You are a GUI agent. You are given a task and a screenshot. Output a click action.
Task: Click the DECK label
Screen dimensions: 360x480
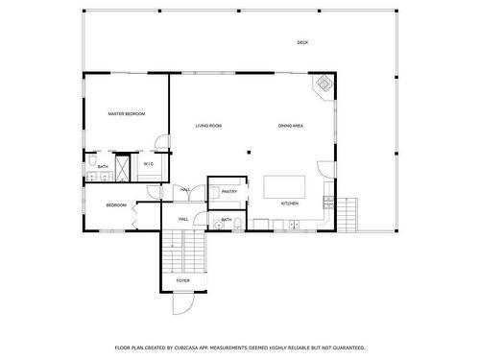pyautogui.click(x=302, y=42)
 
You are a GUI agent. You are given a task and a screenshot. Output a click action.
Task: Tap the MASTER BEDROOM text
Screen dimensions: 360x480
pyautogui.click(x=126, y=114)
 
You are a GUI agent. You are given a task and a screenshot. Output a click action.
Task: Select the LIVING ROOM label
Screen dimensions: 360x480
pyautogui.click(x=209, y=126)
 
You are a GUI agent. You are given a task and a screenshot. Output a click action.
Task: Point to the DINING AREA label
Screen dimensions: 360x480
pyautogui.click(x=291, y=126)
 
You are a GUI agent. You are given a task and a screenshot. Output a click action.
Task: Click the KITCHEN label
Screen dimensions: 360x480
pyautogui.click(x=290, y=204)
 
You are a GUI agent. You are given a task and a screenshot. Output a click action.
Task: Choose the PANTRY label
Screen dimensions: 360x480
pyautogui.click(x=229, y=191)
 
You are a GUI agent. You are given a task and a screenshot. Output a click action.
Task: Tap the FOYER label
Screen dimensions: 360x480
pyautogui.click(x=182, y=280)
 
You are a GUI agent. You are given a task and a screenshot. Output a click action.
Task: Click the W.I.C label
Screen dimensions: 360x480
pyautogui.click(x=148, y=164)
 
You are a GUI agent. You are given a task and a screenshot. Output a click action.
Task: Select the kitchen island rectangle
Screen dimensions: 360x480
pyautogui.click(x=285, y=186)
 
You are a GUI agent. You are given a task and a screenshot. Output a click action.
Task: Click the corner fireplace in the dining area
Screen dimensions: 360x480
pyautogui.click(x=324, y=85)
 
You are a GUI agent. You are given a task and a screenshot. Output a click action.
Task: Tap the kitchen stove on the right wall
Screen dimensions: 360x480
pyautogui.click(x=328, y=203)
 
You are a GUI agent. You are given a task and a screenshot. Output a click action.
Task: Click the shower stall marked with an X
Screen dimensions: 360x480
pyautogui.click(x=122, y=163)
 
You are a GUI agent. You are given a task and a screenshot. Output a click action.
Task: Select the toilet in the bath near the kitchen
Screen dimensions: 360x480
pyautogui.click(x=236, y=228)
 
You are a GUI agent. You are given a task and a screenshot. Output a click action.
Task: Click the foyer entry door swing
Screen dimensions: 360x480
pyautogui.click(x=180, y=304)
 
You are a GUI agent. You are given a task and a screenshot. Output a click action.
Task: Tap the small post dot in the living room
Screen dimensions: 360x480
pyautogui.click(x=250, y=151)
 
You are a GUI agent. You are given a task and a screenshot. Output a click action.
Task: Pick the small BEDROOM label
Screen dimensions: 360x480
pyautogui.click(x=116, y=204)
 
